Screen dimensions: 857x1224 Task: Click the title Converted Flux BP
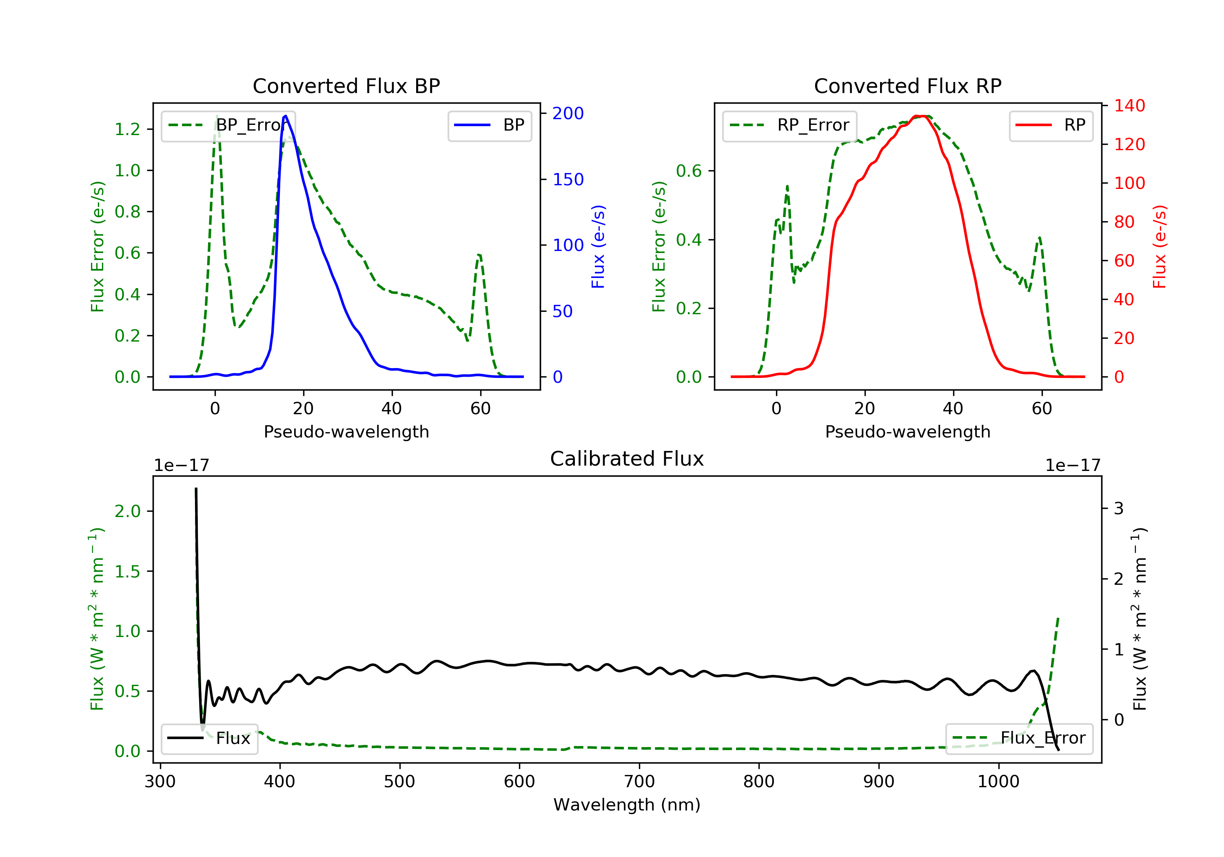(x=346, y=86)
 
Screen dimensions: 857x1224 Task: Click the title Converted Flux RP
(x=907, y=86)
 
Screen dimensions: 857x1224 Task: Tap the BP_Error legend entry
(x=228, y=126)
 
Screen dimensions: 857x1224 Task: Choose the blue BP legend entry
(x=489, y=125)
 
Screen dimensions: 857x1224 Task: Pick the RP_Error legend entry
(x=789, y=126)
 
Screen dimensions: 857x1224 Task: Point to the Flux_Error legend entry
(x=1019, y=738)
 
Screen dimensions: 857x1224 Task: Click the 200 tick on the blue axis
(x=568, y=113)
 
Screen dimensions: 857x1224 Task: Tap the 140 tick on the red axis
(x=1129, y=106)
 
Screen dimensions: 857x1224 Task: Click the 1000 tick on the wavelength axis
(x=998, y=782)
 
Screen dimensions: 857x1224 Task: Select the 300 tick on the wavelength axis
(x=160, y=782)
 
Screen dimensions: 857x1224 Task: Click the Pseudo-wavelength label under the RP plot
(x=907, y=432)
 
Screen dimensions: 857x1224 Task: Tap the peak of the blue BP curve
(x=286, y=116)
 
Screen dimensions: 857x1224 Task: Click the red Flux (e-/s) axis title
(x=1159, y=246)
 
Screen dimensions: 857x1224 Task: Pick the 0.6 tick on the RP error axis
(x=689, y=171)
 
